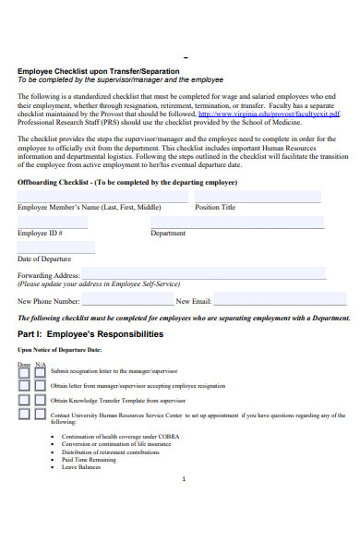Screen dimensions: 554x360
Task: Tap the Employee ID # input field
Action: click(53, 223)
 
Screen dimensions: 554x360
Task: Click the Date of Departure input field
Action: click(56, 247)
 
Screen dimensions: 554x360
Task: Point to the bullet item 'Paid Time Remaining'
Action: click(89, 459)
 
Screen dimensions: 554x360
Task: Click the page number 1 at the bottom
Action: click(185, 479)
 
